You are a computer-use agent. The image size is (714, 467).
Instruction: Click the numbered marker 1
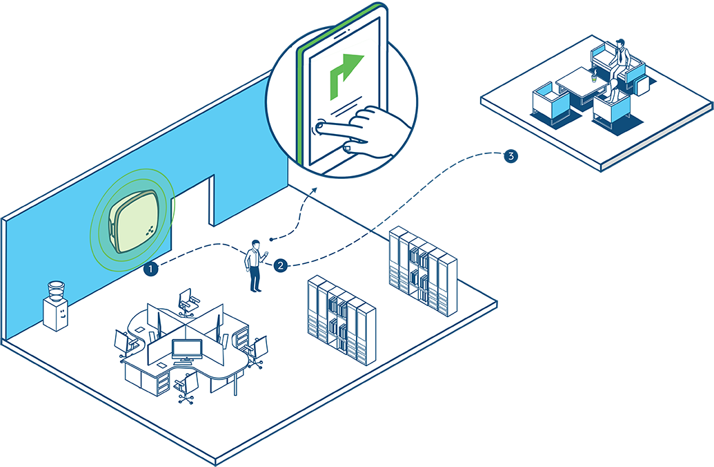pos(150,269)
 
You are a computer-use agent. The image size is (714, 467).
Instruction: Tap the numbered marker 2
pos(281,265)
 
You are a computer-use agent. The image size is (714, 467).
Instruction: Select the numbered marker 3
pos(511,156)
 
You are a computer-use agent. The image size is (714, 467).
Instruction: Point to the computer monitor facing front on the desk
pos(187,350)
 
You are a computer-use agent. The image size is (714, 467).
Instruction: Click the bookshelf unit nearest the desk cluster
pos(341,319)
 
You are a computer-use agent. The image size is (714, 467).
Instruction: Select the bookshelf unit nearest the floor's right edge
pos(423,271)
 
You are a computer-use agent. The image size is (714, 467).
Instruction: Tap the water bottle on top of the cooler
pos(56,291)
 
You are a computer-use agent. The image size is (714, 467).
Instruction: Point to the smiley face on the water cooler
pos(62,314)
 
